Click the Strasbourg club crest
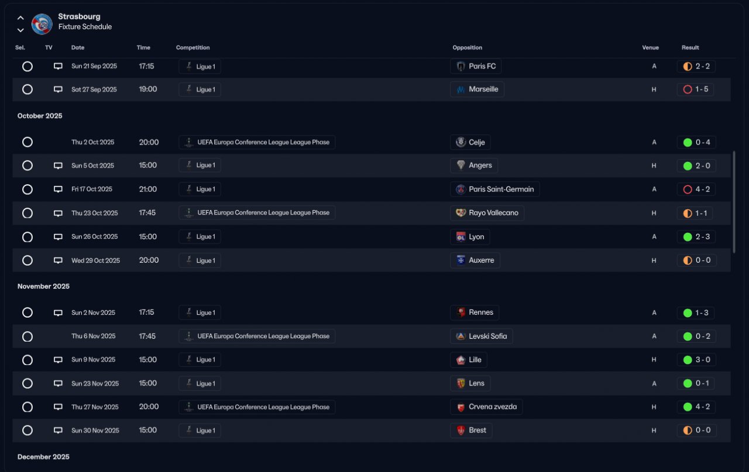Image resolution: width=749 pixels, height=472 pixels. point(42,23)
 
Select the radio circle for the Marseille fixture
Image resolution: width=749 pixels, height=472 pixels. point(28,89)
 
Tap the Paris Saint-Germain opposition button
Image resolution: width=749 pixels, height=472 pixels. point(495,189)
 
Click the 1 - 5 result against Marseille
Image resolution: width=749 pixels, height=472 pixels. point(696,89)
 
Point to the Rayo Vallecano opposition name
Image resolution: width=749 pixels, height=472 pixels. point(493,213)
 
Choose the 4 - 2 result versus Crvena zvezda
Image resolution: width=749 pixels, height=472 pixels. point(696,406)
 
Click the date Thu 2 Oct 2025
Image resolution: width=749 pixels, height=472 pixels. point(93,142)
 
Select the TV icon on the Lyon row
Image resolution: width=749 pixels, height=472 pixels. point(58,237)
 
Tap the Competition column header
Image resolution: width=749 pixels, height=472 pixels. point(193,48)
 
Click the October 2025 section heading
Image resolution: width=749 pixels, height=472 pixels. point(40,116)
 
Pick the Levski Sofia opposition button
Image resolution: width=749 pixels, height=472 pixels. point(482,336)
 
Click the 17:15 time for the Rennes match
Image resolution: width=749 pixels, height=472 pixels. point(146,312)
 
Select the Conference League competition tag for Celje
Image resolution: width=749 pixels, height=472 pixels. point(257,142)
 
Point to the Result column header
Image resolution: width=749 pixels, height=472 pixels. point(690,48)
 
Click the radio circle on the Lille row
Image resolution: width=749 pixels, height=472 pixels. point(28,360)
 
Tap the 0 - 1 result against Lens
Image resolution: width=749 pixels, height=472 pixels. point(696,383)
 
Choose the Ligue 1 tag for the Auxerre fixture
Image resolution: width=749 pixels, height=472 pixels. point(200,260)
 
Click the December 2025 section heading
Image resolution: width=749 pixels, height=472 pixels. point(43,457)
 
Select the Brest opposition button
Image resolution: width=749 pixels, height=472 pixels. point(471,430)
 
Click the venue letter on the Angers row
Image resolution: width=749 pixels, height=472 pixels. point(654,166)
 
